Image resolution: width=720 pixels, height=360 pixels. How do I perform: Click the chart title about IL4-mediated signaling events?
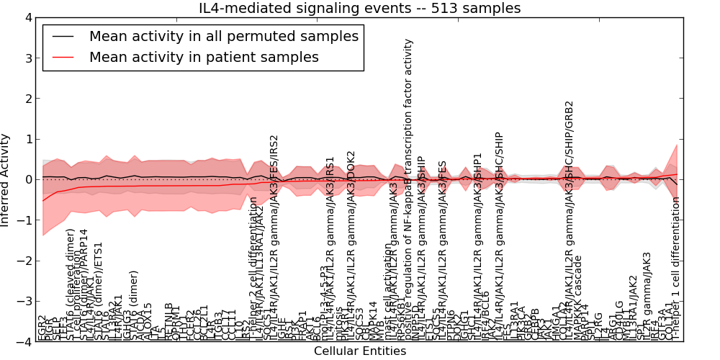click(359, 8)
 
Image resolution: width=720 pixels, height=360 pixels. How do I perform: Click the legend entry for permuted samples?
click(222, 36)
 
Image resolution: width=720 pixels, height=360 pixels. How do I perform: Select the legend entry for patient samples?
click(204, 57)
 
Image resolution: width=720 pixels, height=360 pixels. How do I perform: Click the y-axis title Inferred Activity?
click(6, 179)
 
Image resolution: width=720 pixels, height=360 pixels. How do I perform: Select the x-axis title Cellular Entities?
click(359, 351)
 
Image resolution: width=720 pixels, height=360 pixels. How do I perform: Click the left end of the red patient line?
click(43, 200)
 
